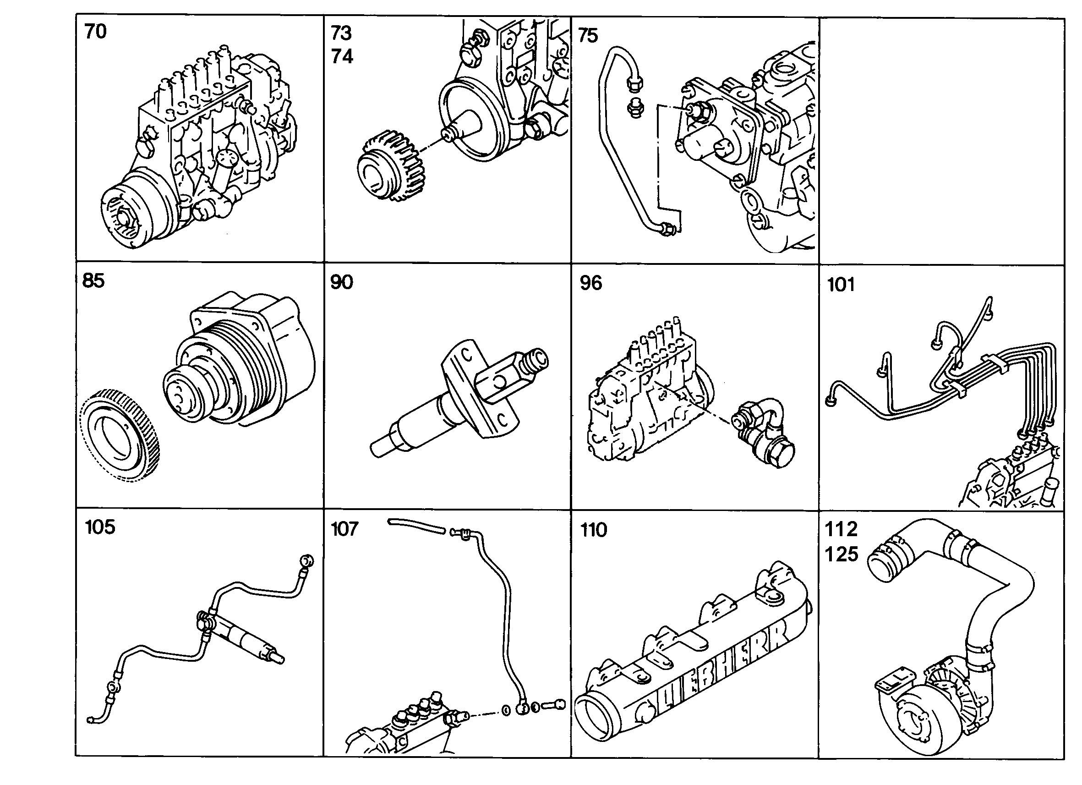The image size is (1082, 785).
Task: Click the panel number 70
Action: tap(95, 32)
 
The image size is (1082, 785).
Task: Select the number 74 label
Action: tap(342, 56)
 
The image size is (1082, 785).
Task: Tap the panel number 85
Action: tap(93, 280)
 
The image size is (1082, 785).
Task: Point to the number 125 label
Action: tap(842, 554)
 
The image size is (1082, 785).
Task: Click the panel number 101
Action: tap(841, 285)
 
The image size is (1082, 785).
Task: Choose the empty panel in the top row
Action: tap(942, 141)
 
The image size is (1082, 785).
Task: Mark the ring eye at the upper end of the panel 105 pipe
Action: tap(306, 561)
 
